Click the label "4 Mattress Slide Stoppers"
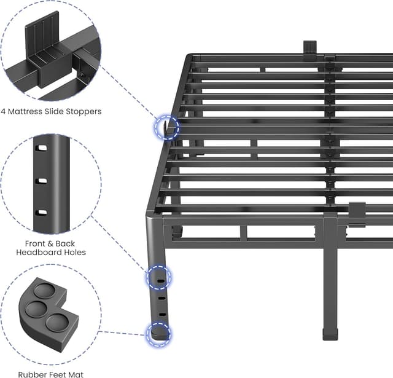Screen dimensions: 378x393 pos(51,112)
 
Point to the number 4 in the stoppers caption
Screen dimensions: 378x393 pos(4,112)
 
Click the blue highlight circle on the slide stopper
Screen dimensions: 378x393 pos(166,128)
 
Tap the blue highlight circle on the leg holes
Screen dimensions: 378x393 pos(158,278)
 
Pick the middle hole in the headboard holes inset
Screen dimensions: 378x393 pos(42,181)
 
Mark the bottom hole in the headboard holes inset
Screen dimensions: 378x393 pos(42,213)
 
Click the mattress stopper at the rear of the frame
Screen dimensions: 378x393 pos(310,47)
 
